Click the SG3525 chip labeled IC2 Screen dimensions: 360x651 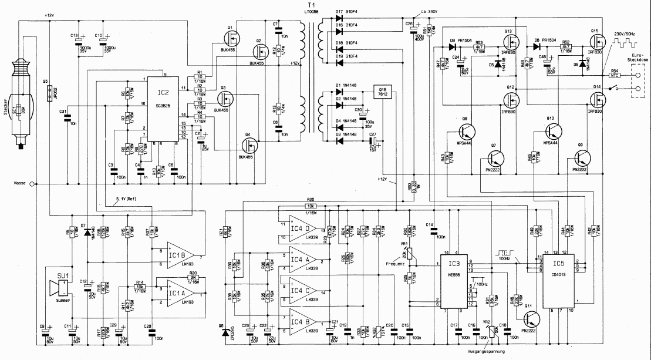[163, 109]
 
